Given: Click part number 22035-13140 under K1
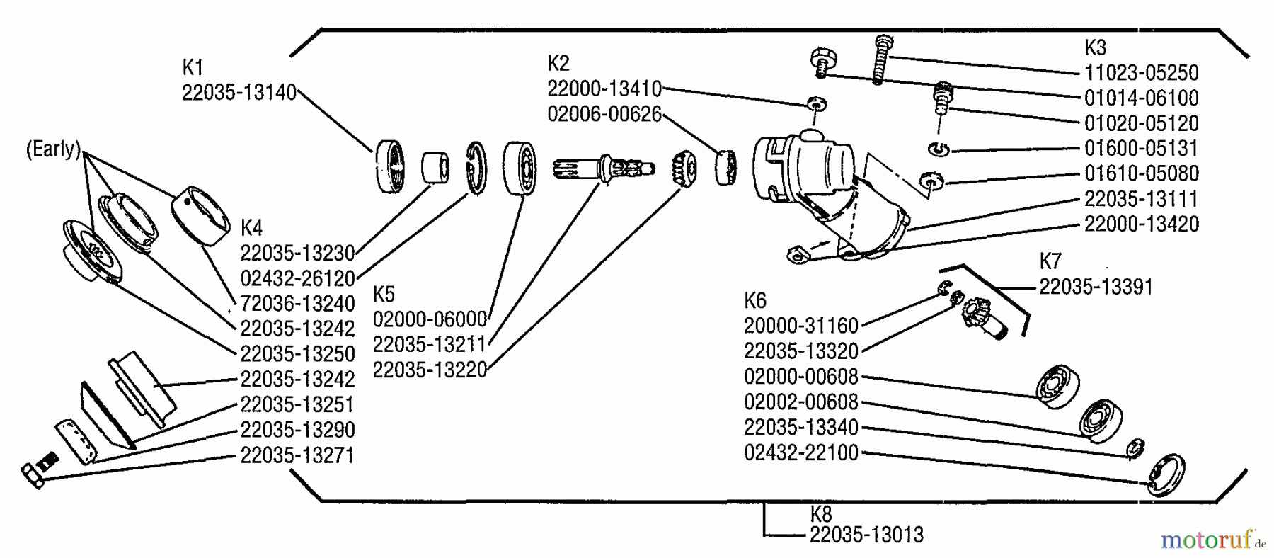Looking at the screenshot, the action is pyautogui.click(x=239, y=93).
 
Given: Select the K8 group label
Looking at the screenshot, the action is pyautogui.click(x=821, y=513).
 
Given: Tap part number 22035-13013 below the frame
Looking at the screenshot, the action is pyautogui.click(x=866, y=535).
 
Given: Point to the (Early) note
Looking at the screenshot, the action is pyautogui.click(x=53, y=150).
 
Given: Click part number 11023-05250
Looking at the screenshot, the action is pyautogui.click(x=1142, y=72).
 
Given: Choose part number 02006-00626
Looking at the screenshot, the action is pyautogui.click(x=604, y=114).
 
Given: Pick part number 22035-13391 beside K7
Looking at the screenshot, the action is pyautogui.click(x=1096, y=287).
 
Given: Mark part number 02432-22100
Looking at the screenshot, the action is pyautogui.click(x=801, y=452).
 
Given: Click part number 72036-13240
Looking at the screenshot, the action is pyautogui.click(x=298, y=304).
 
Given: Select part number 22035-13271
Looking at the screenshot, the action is pyautogui.click(x=298, y=455).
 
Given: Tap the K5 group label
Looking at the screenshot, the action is pyautogui.click(x=384, y=294).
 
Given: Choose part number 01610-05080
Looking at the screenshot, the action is pyautogui.click(x=1142, y=173).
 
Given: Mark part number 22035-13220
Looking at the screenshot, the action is pyautogui.click(x=430, y=370).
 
